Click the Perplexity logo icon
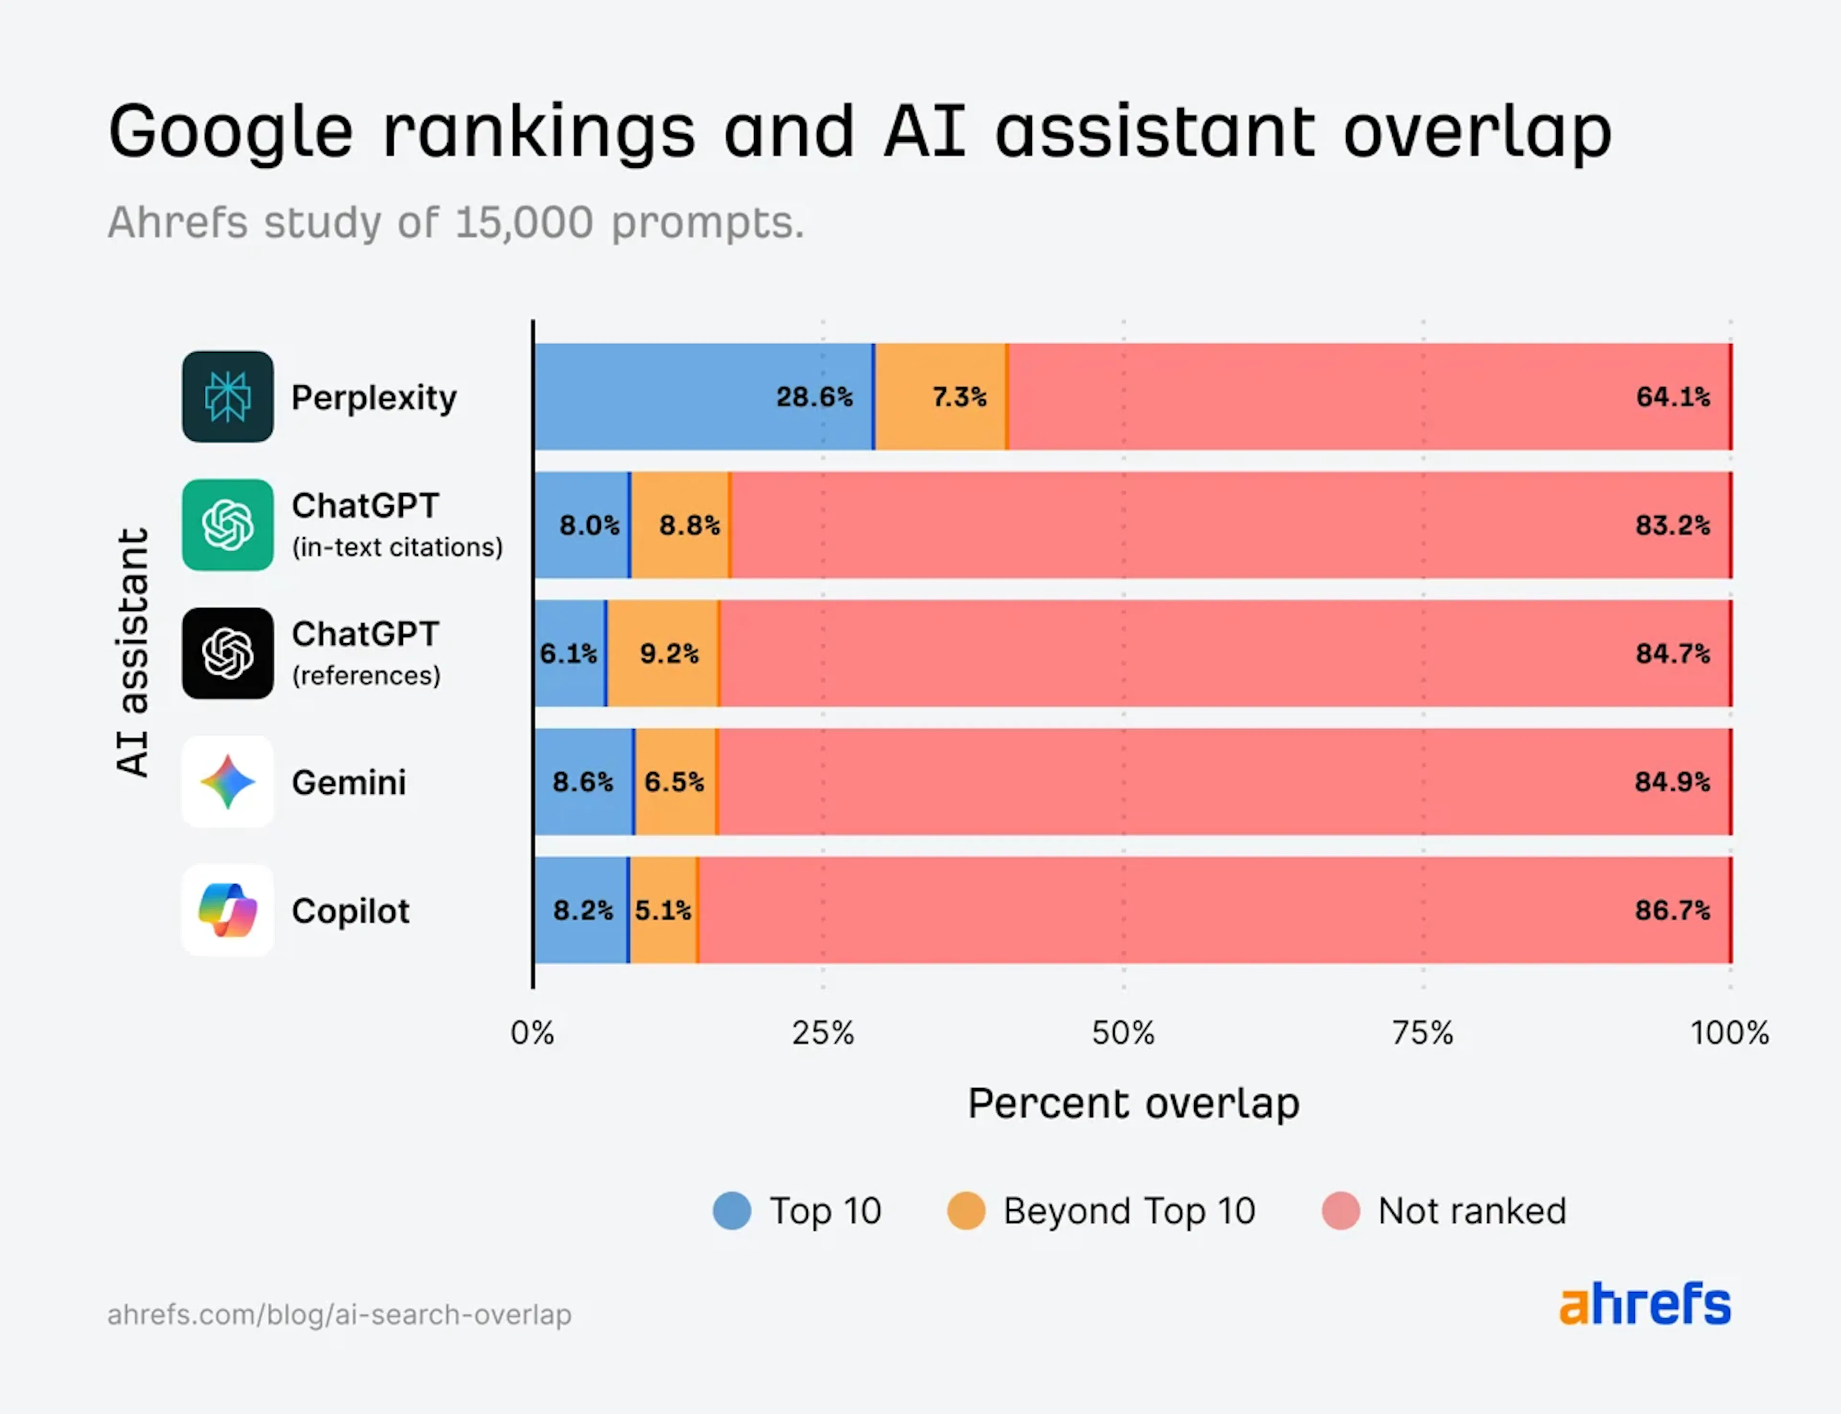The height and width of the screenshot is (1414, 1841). (x=227, y=396)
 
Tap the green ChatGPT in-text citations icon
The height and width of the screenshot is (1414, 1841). (x=227, y=525)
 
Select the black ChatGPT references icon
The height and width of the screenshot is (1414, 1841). (x=227, y=653)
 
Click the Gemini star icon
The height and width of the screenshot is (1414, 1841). (x=227, y=782)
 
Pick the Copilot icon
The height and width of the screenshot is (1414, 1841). (x=227, y=910)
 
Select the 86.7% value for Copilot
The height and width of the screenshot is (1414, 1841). (x=1672, y=910)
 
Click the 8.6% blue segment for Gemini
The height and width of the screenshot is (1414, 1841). (x=583, y=782)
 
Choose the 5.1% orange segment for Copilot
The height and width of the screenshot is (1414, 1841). (x=663, y=910)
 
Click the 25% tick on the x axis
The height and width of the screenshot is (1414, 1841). (x=822, y=1033)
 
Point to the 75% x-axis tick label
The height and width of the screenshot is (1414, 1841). (x=1422, y=1033)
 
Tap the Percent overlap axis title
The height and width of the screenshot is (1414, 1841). (x=1133, y=1103)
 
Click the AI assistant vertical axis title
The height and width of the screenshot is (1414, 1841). (x=133, y=652)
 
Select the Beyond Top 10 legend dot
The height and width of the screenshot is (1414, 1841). (x=966, y=1211)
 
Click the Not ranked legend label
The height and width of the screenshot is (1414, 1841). (x=1471, y=1211)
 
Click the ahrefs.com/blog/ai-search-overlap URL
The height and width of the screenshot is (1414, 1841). (x=339, y=1315)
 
